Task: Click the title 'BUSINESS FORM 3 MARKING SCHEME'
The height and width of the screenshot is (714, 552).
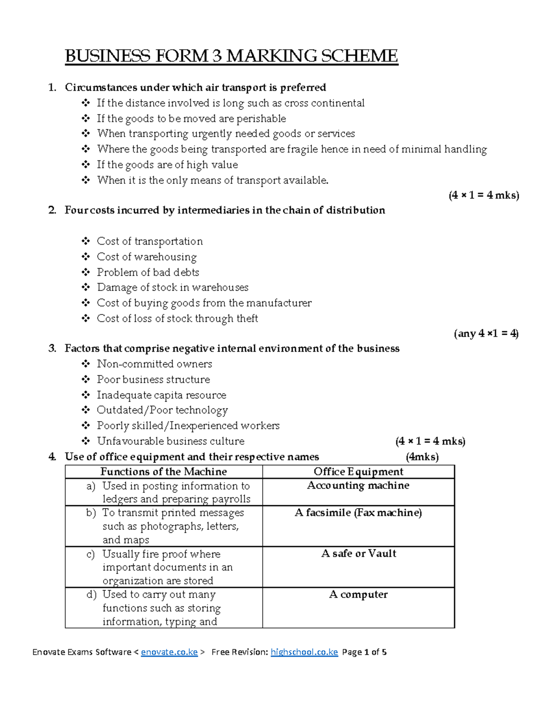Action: pos(231,56)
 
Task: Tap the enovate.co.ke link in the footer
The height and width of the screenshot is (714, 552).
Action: pos(169,652)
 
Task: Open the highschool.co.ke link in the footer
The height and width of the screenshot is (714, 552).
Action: pos(304,652)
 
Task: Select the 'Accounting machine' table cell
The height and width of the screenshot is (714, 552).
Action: pos(358,486)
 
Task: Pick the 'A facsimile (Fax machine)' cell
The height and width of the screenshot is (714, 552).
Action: pos(358,513)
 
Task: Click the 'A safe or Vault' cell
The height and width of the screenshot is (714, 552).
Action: pos(358,554)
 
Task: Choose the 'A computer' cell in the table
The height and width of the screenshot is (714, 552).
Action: pos(358,594)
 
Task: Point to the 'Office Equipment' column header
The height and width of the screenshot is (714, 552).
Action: pos(358,472)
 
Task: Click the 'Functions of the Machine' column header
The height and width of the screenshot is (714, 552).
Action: pos(163,472)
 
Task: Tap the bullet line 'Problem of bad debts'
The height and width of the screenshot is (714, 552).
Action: pos(148,272)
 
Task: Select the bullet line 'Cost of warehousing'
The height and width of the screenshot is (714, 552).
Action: pos(147,257)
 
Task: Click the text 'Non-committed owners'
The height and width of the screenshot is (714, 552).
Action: pos(154,364)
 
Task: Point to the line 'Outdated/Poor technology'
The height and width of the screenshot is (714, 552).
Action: pos(162,410)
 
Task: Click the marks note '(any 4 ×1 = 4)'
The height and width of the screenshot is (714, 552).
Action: pos(486,333)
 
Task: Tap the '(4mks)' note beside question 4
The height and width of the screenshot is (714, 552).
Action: pos(422,457)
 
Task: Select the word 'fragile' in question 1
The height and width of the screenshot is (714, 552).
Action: pos(302,149)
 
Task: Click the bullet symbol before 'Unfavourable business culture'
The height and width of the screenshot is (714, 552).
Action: pos(86,441)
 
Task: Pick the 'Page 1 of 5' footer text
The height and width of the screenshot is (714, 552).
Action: pos(364,652)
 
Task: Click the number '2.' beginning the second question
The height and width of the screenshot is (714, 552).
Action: pos(52,211)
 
